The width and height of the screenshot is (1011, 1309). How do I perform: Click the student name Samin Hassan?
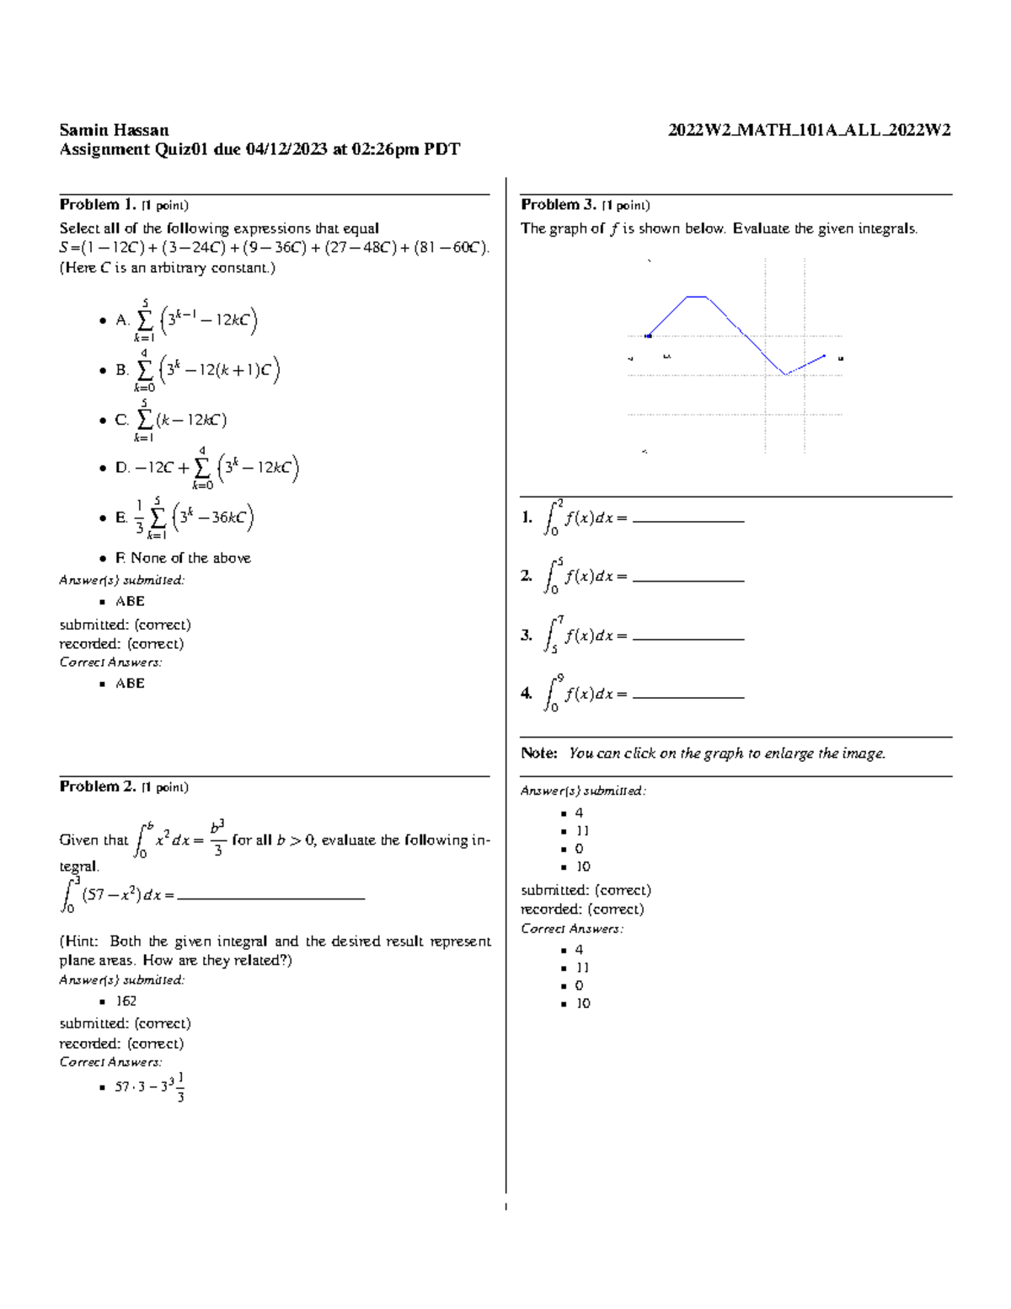(x=114, y=130)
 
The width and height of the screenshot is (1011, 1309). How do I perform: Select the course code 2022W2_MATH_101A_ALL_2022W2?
(x=809, y=130)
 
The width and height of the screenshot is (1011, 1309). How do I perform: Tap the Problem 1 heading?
(x=97, y=205)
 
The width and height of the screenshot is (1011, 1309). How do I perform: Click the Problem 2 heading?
(x=97, y=786)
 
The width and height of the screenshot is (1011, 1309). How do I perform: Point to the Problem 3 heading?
(x=559, y=205)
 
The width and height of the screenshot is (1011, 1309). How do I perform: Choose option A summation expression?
(x=195, y=320)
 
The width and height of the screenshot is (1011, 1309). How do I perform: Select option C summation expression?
(x=181, y=420)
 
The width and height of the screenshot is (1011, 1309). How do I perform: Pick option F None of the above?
(x=183, y=558)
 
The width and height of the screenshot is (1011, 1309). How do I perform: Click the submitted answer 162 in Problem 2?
(x=126, y=1001)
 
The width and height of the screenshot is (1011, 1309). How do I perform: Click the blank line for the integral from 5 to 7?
(x=687, y=638)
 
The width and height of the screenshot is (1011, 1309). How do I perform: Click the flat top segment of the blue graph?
(x=696, y=297)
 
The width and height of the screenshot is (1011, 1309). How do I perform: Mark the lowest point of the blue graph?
(x=785, y=374)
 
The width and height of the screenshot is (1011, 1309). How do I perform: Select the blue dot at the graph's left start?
(x=648, y=336)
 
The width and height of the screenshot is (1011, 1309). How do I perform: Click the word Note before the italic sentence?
(x=539, y=754)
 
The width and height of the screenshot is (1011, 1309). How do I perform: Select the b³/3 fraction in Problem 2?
(x=217, y=838)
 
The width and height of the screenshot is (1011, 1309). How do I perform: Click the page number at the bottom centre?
(x=505, y=1207)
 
